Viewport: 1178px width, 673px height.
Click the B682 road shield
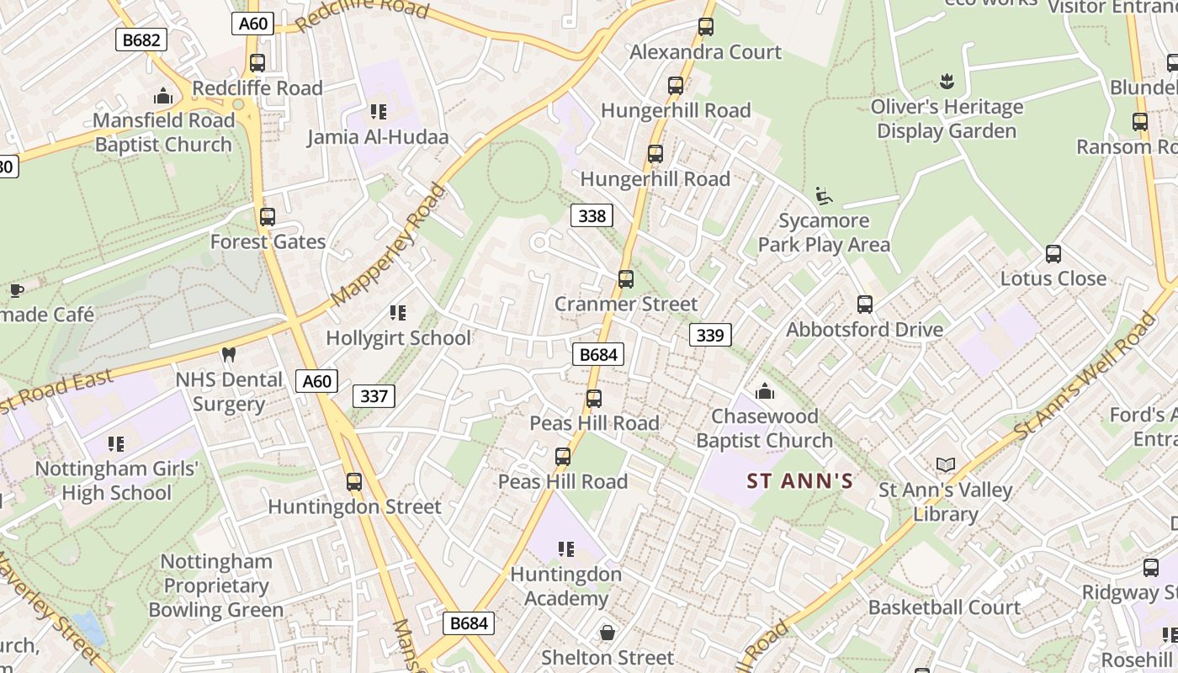[141, 40]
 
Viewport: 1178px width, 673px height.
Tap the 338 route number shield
[592, 216]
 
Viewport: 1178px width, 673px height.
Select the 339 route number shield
[710, 336]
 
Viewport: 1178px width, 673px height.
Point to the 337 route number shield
[374, 395]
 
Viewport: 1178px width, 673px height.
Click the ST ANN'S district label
[800, 482]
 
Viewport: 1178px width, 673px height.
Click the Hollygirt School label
[398, 338]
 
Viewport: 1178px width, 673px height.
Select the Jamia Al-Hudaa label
[378, 137]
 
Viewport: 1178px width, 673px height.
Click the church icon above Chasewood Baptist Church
[764, 391]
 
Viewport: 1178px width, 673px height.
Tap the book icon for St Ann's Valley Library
[946, 464]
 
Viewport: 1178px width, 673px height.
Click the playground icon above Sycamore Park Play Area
[824, 196]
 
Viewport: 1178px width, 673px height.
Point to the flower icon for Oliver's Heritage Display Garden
[947, 82]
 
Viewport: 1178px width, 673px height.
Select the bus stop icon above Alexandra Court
[706, 27]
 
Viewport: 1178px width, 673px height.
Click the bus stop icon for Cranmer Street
[625, 279]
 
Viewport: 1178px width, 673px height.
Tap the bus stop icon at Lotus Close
[1053, 254]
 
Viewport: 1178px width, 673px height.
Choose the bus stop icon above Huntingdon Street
[354, 482]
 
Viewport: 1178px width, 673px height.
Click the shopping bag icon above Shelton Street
[607, 633]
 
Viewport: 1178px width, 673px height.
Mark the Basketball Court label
[944, 607]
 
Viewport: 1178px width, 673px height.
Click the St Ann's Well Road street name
[1085, 375]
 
